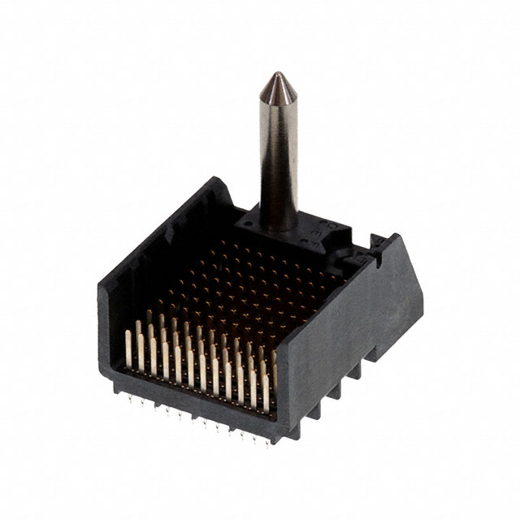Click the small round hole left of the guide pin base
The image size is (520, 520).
pyautogui.click(x=244, y=219)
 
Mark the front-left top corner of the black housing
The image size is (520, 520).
pyautogui.click(x=101, y=287)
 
